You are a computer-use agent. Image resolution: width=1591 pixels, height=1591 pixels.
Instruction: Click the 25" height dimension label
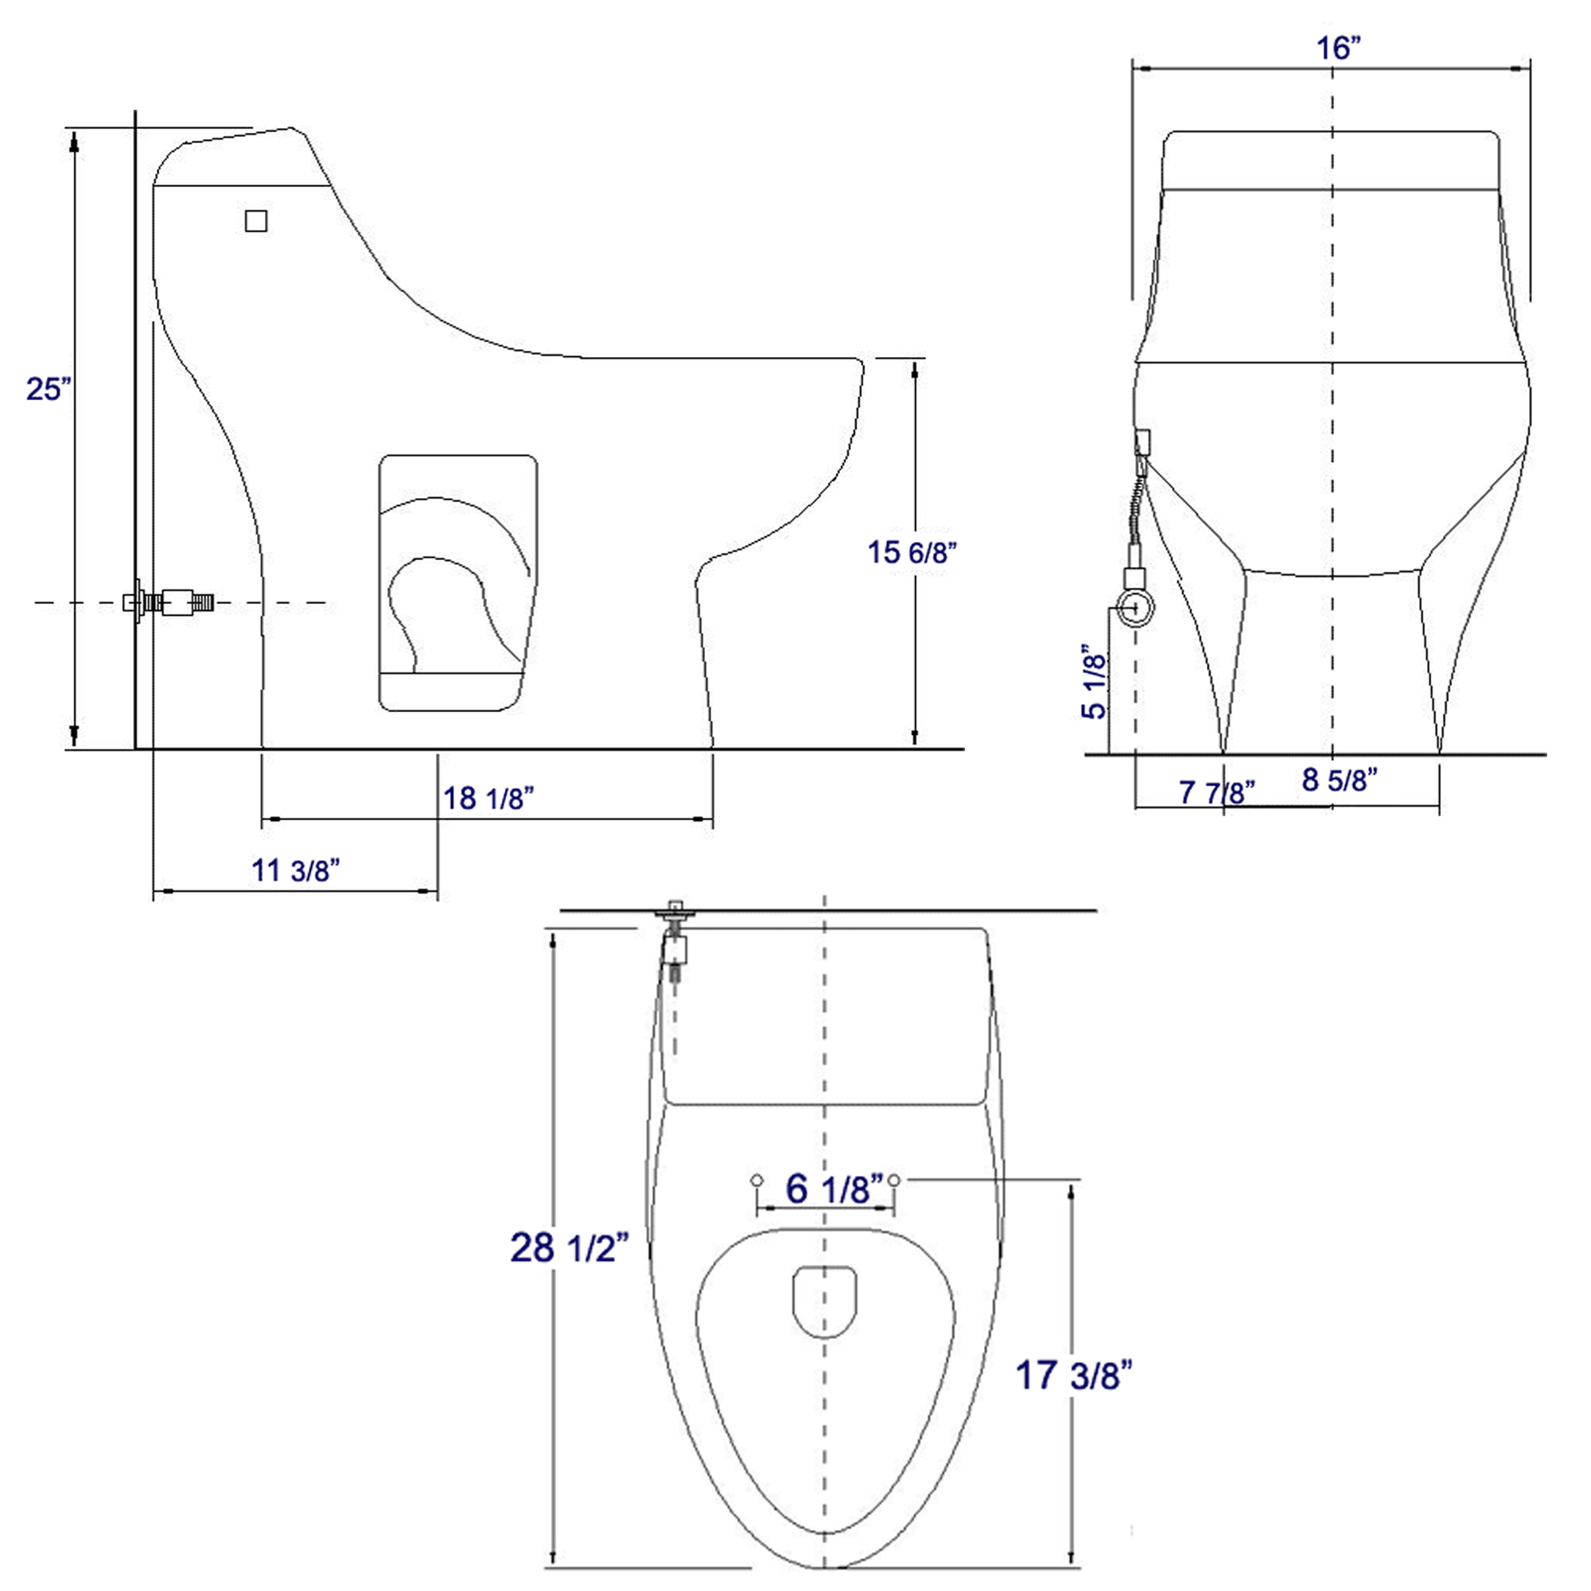(49, 389)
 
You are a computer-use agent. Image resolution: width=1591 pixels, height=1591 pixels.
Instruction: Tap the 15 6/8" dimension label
(912, 552)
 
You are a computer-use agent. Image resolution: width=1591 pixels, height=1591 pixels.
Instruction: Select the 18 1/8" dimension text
(488, 798)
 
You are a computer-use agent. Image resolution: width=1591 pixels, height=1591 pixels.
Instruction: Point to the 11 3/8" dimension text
(295, 869)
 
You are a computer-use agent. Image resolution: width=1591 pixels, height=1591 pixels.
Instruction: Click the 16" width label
(1337, 48)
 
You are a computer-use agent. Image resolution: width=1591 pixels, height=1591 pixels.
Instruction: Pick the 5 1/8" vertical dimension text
(1095, 682)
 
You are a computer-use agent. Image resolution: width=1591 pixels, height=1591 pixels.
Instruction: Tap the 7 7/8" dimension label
(1216, 792)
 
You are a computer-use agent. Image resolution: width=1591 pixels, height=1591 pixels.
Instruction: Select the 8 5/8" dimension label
(1340, 779)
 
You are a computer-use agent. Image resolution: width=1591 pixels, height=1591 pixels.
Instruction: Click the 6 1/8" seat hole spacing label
(834, 1188)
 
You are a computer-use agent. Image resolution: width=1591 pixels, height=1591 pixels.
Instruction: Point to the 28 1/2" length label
(569, 1247)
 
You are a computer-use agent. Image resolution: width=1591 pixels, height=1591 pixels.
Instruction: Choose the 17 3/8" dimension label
(1073, 1375)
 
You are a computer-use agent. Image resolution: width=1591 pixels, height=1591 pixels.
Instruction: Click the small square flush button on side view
(256, 220)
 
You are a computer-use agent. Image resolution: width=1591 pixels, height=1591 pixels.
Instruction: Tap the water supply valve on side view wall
(169, 603)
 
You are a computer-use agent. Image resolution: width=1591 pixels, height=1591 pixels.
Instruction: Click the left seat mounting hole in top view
(757, 1180)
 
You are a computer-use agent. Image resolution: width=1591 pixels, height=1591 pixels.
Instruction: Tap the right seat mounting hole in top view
(894, 1180)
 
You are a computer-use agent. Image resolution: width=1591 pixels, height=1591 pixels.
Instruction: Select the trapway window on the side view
(458, 583)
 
